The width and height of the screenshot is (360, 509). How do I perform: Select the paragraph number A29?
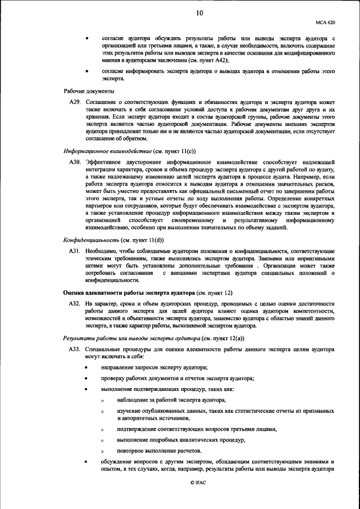click(75, 101)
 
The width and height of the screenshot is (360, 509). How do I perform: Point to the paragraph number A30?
click(75, 162)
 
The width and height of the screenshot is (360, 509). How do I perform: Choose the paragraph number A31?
click(75, 249)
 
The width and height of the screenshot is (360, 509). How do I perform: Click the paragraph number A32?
click(75, 303)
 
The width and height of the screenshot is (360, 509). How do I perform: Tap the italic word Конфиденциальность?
click(90, 238)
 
